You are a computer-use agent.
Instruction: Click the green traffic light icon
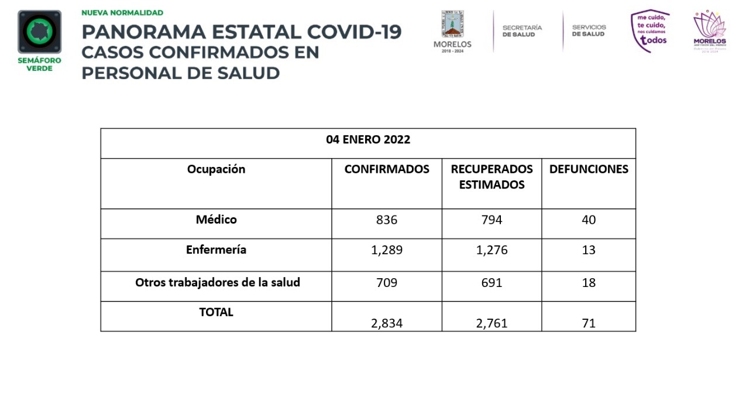39,32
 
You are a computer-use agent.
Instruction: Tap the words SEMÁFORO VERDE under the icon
39,64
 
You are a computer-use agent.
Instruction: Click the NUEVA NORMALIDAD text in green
122,12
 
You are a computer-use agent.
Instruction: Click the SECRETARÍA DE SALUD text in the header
522,31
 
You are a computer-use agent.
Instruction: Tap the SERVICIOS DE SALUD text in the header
589,31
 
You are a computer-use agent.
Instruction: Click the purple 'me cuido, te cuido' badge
650,30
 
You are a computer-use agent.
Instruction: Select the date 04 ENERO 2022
368,140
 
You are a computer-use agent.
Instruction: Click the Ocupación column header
216,169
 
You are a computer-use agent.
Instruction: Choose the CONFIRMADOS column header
387,169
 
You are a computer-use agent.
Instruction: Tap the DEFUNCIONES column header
589,169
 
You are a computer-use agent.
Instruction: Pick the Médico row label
216,220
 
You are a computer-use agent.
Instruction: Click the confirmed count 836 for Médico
387,220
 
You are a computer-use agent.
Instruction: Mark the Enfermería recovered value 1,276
492,250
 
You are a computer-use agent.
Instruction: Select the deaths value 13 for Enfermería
589,250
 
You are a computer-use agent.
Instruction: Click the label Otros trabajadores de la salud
217,282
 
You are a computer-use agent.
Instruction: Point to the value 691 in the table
492,283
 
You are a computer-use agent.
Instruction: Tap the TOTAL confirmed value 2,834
387,323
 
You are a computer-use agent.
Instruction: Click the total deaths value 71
589,323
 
